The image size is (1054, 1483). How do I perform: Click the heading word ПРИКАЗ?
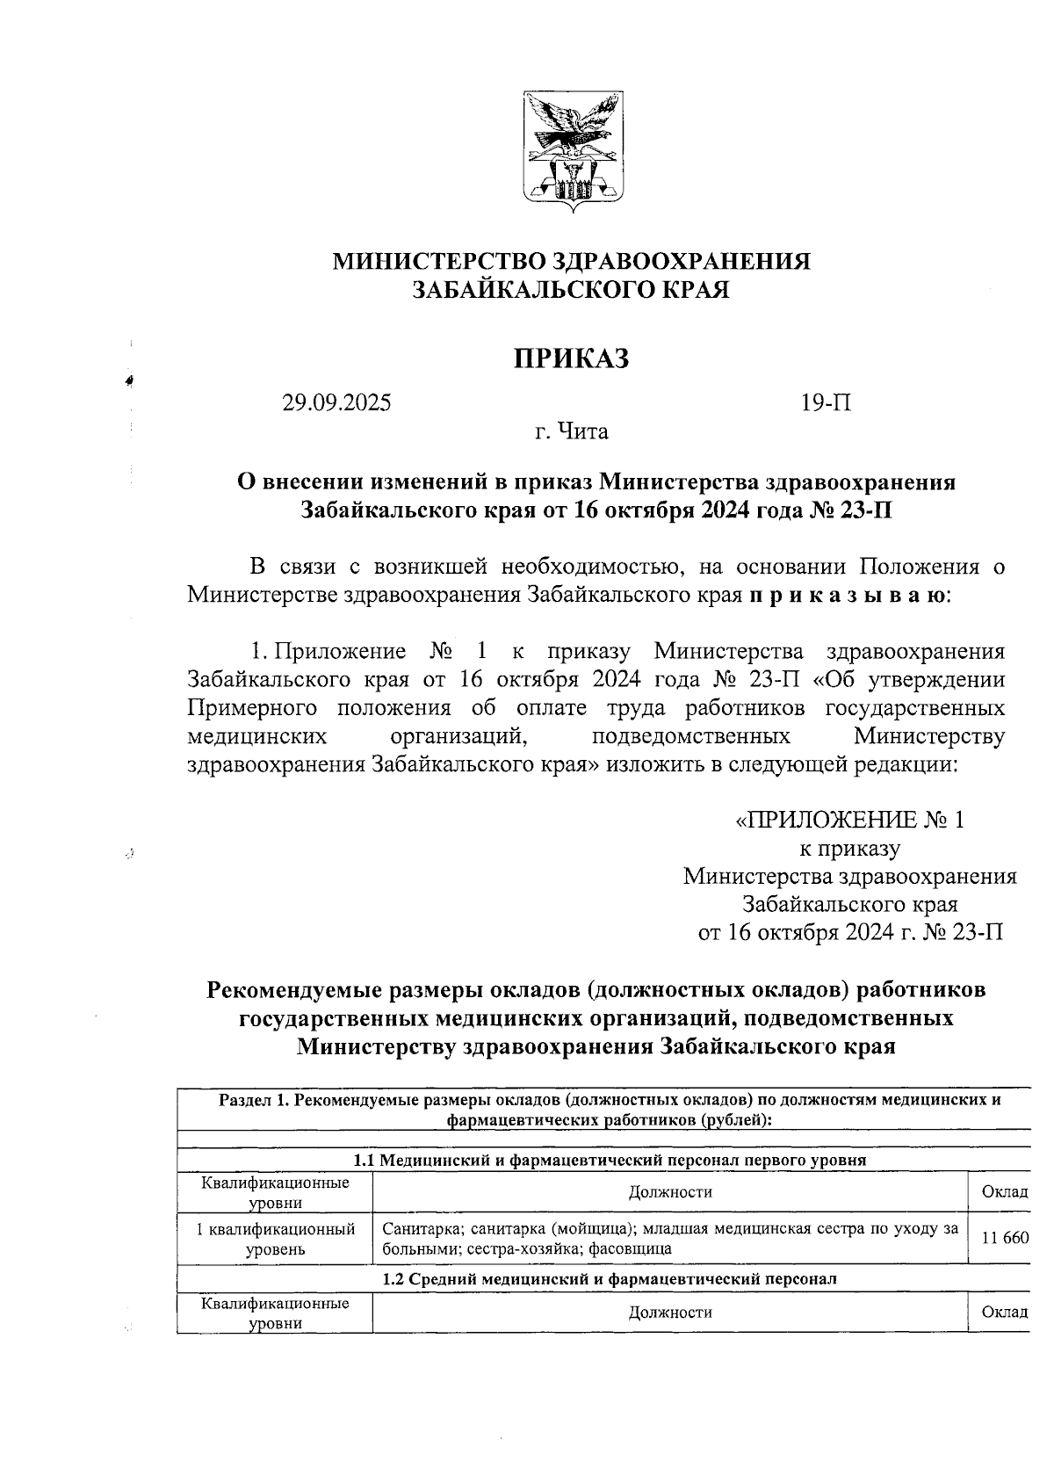(572, 358)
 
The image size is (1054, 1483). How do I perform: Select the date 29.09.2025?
(336, 403)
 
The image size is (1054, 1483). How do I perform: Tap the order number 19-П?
(826, 403)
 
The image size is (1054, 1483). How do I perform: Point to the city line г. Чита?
(572, 431)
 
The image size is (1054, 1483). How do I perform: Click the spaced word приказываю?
(848, 595)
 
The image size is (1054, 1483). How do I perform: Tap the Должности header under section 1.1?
(670, 1192)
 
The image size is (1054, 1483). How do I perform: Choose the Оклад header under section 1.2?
(1005, 1312)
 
